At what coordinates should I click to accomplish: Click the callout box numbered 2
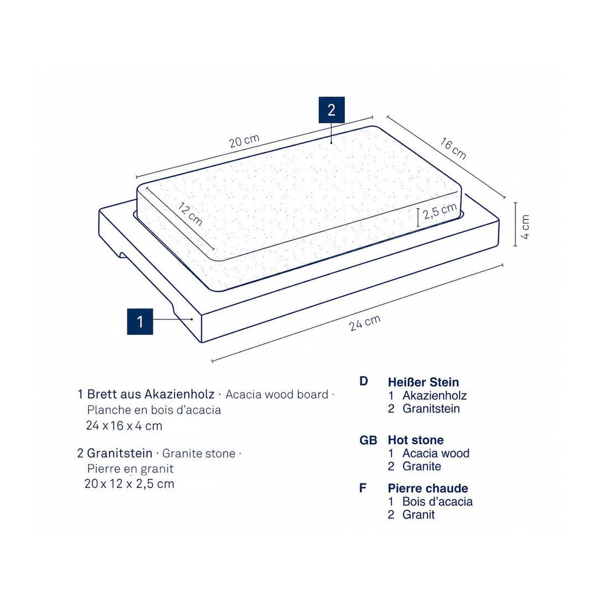[x=332, y=110]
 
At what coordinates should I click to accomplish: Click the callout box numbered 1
[x=140, y=322]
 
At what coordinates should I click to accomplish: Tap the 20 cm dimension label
[x=244, y=141]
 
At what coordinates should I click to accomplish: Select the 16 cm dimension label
[x=453, y=149]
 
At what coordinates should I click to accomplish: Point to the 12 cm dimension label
[x=190, y=214]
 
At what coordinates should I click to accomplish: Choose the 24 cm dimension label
[x=364, y=323]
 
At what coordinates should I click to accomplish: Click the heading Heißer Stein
[x=424, y=382]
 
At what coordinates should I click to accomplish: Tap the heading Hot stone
[x=416, y=440]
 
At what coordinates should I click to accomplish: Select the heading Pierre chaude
[x=428, y=488]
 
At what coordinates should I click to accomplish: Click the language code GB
[x=368, y=440]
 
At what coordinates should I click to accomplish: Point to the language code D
[x=363, y=381]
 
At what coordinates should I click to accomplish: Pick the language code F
[x=363, y=488]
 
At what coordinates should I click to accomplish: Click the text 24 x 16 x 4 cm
[x=125, y=426]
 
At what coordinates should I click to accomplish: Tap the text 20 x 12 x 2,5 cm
[x=129, y=483]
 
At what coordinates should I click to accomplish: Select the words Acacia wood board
[x=277, y=394]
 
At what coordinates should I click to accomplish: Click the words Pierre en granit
[x=131, y=468]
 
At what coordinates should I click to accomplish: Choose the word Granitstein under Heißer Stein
[x=431, y=409]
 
